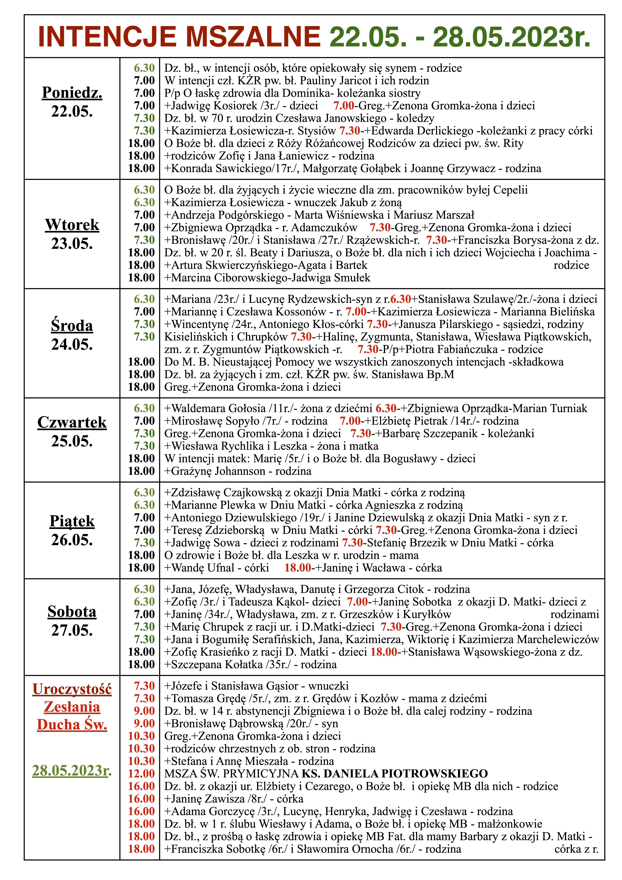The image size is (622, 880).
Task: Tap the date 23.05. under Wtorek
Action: pyautogui.click(x=72, y=244)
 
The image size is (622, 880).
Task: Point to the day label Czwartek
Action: pyautogui.click(x=72, y=422)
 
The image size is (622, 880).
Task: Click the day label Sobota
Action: pyautogui.click(x=72, y=612)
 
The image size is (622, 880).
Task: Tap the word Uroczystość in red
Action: pyautogui.click(x=72, y=689)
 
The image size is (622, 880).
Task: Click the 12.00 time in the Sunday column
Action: pyautogui.click(x=141, y=773)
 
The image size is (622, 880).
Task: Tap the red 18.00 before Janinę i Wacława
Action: pyautogui.click(x=298, y=568)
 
